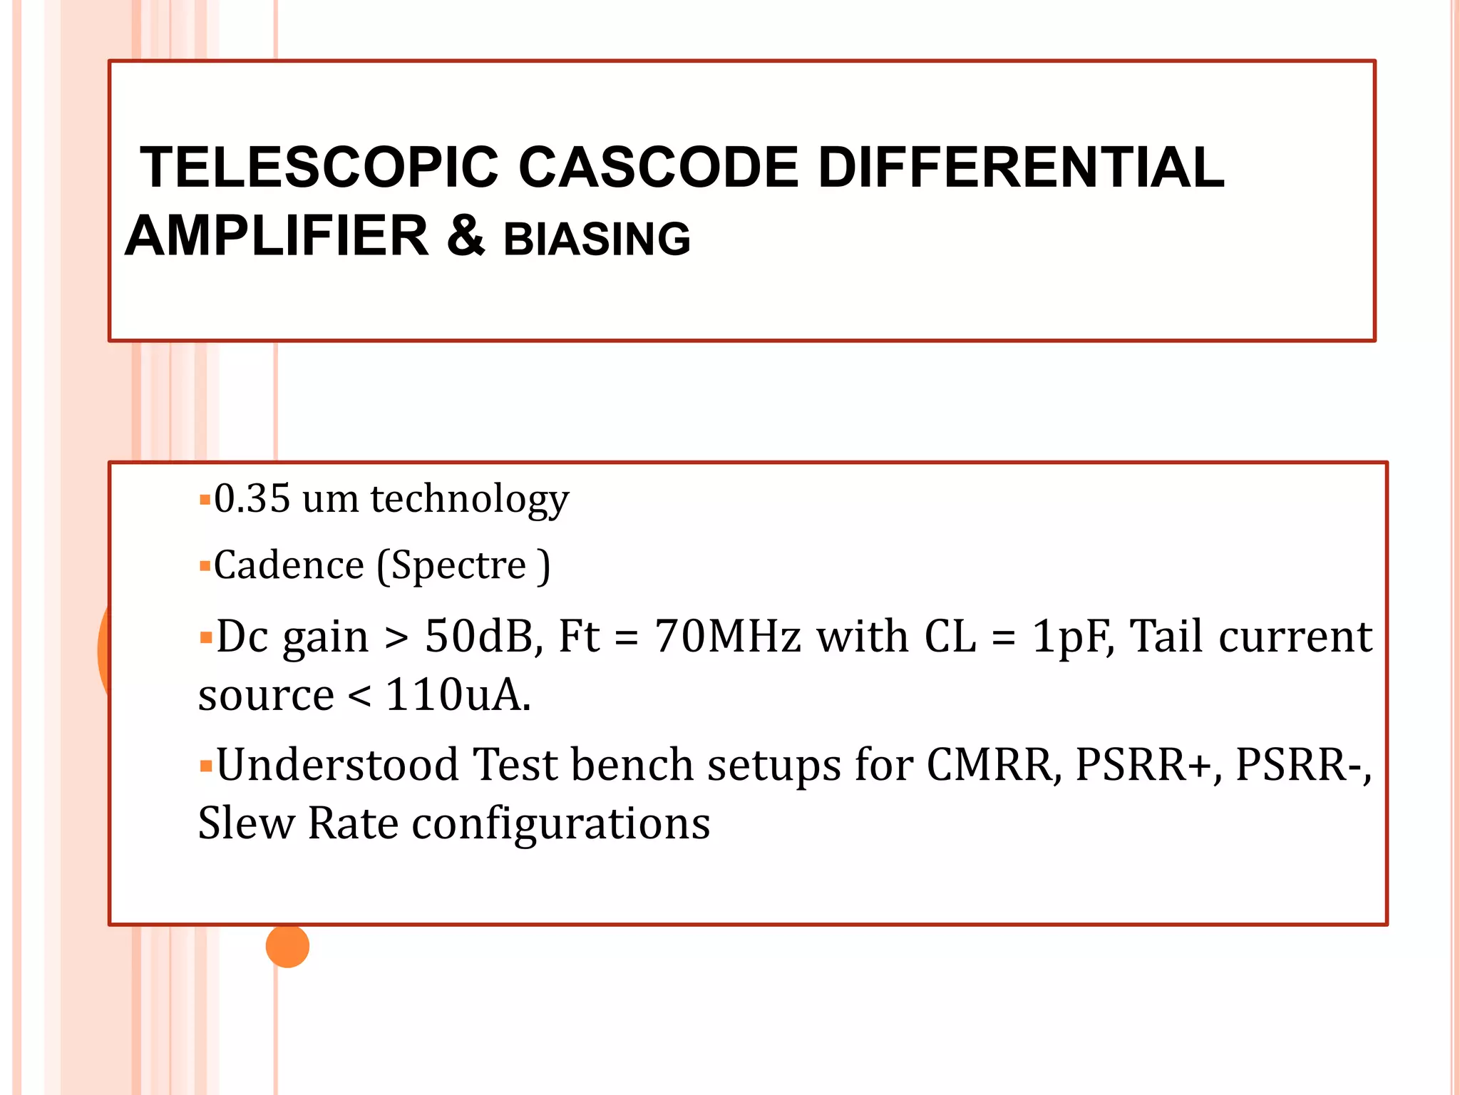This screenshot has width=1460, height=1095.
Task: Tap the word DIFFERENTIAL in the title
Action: click(x=1020, y=168)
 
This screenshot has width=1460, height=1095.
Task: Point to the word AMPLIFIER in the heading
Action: click(x=277, y=236)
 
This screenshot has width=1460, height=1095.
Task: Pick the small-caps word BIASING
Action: click(x=597, y=239)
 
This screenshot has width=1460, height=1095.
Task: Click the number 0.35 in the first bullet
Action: click(x=252, y=498)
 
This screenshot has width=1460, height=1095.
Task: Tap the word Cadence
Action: click(x=289, y=565)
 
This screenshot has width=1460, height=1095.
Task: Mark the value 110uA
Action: click(x=458, y=695)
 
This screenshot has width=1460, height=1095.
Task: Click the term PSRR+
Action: click(x=1148, y=765)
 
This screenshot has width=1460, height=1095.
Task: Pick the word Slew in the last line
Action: click(x=245, y=823)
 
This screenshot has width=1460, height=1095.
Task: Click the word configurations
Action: click(x=561, y=825)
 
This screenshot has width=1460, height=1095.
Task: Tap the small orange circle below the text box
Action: click(x=287, y=946)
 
